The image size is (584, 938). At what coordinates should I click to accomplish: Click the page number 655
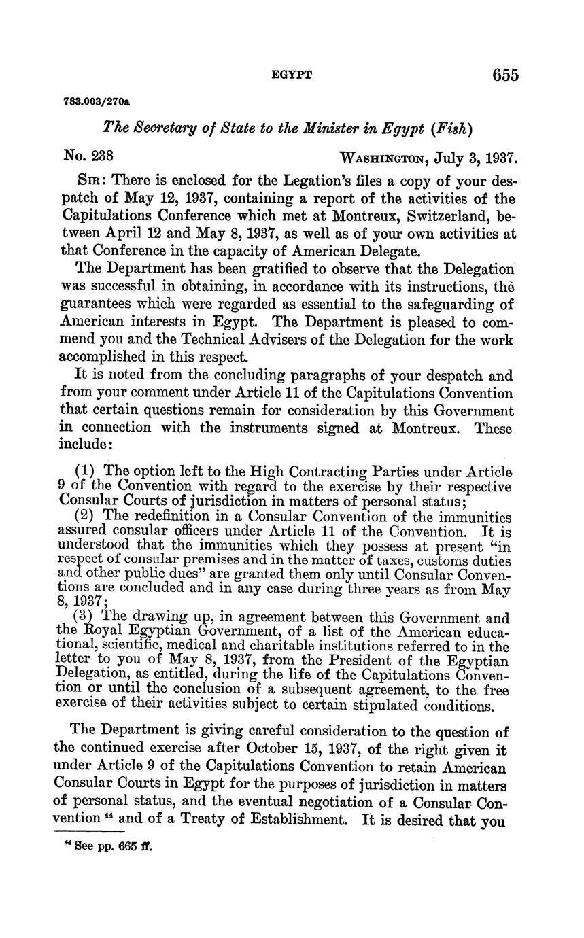pyautogui.click(x=505, y=75)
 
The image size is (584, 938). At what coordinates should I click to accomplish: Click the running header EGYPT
pyautogui.click(x=292, y=75)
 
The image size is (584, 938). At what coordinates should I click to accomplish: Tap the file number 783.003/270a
pyautogui.click(x=97, y=101)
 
